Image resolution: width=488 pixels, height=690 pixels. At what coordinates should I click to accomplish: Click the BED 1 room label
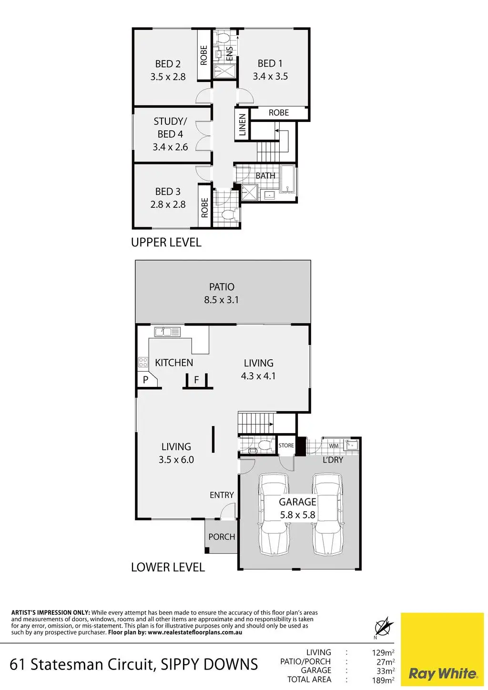point(270,63)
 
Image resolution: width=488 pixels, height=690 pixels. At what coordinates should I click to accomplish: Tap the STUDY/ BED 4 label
point(170,128)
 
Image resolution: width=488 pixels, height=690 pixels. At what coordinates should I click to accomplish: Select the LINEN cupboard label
point(242,125)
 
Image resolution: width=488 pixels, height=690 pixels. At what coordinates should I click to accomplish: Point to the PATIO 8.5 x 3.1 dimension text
point(221,300)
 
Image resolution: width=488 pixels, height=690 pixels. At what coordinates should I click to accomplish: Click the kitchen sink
point(167,331)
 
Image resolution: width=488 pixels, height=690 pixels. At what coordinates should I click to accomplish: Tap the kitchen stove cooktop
point(142,362)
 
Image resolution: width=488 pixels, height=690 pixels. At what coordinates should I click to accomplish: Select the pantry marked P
point(146,380)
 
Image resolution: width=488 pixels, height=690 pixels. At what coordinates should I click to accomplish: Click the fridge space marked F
point(196,380)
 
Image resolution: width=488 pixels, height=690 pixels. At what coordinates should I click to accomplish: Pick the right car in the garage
point(327,515)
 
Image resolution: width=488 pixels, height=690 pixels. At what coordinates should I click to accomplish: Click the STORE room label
point(286,446)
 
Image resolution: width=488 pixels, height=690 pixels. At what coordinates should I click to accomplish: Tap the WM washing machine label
point(334,446)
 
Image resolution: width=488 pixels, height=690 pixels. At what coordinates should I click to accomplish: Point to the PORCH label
point(222,537)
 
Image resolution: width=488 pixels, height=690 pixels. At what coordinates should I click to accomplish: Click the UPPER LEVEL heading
point(166,242)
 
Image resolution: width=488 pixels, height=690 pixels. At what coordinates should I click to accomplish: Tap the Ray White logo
point(442,673)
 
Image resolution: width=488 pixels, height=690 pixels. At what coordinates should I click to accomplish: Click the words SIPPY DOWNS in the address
point(209,664)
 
